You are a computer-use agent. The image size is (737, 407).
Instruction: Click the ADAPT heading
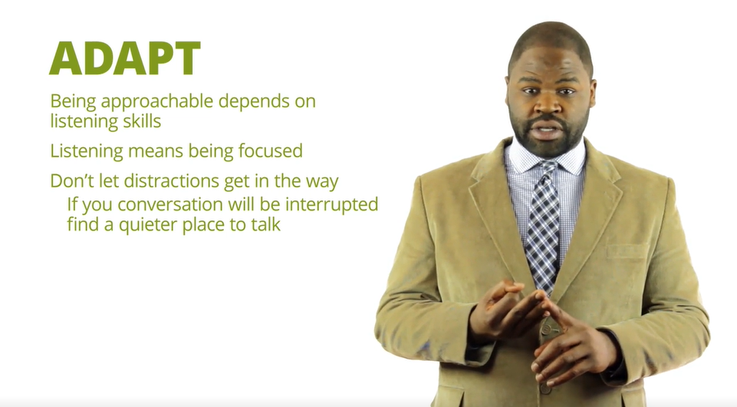125,58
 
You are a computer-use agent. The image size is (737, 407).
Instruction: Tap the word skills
142,121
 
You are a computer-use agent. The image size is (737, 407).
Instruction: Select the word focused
270,151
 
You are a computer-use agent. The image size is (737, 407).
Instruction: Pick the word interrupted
332,205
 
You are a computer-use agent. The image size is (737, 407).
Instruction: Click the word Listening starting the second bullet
87,151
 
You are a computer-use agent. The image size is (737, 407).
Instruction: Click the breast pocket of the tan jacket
627,252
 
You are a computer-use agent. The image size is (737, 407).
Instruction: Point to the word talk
265,224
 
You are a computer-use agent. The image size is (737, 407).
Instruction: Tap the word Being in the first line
73,102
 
